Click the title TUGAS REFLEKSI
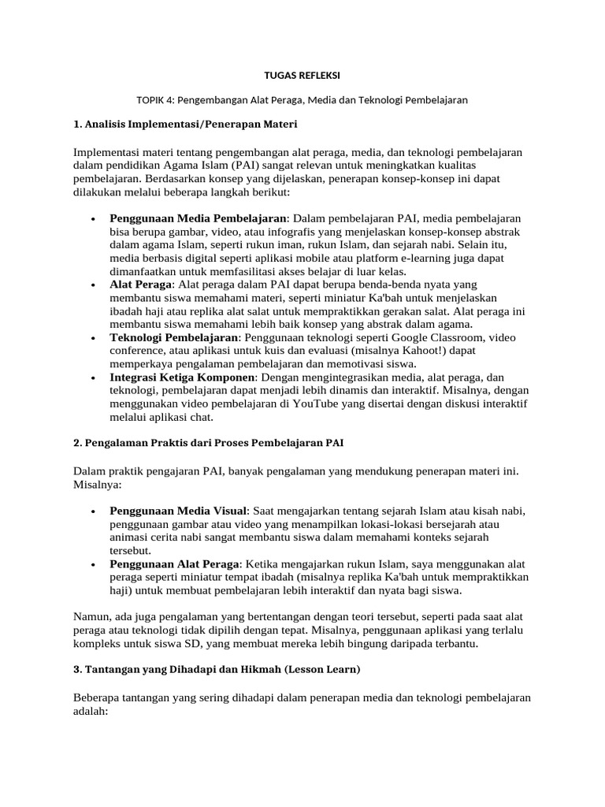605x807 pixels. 302,76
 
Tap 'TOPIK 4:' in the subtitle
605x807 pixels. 156,100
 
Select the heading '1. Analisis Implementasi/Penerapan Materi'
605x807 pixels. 185,125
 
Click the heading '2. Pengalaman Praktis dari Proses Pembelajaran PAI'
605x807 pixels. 208,443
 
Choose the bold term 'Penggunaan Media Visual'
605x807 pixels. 179,511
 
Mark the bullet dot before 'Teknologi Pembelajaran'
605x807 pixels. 94,337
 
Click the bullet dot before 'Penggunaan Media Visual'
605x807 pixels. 94,511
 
